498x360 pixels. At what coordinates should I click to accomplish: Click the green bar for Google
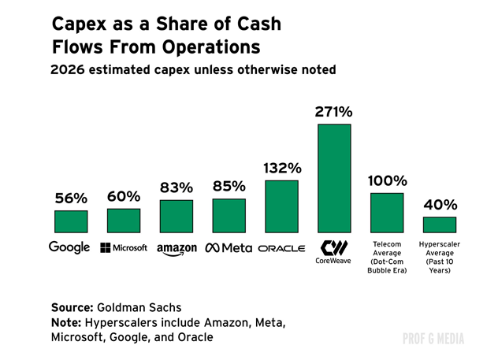(x=71, y=221)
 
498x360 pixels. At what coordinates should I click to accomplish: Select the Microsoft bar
(x=124, y=221)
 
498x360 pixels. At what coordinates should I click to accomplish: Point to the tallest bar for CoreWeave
(x=334, y=178)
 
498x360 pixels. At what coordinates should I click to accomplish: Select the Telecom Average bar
(x=387, y=213)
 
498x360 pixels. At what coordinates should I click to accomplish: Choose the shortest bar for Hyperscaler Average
(x=440, y=225)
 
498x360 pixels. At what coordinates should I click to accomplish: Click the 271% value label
(x=334, y=113)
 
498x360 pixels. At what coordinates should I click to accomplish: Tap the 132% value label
(x=281, y=169)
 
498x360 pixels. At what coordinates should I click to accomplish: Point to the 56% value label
(x=71, y=199)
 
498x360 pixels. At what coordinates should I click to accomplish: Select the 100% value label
(x=387, y=180)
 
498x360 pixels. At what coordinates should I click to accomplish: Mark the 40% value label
(x=440, y=205)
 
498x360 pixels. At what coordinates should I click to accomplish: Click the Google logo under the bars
(x=69, y=248)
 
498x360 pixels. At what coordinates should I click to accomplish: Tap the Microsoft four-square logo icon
(x=105, y=248)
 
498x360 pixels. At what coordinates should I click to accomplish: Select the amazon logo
(x=177, y=249)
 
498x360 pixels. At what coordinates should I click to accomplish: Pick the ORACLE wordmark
(x=281, y=248)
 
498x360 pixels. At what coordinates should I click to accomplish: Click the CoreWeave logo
(x=334, y=251)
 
